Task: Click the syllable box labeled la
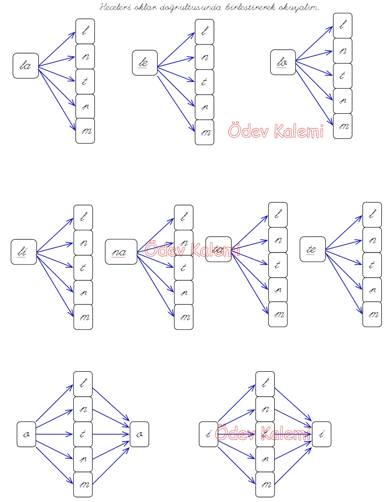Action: coord(26,66)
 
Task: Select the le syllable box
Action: coord(145,63)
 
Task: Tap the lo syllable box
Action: coord(283,62)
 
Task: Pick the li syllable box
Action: coord(24,252)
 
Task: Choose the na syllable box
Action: coord(121,252)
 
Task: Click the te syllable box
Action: coord(312,249)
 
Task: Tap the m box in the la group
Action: coord(85,131)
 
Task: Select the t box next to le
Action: coord(204,82)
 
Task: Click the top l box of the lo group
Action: coord(343,25)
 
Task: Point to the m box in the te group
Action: coord(372,314)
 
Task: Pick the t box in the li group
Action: coord(83,268)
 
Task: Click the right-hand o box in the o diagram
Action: coord(139,434)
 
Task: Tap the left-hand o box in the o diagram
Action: coord(26,434)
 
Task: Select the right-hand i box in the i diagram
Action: coord(322,434)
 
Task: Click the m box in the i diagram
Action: coord(265,484)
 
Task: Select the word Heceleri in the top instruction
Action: coord(115,7)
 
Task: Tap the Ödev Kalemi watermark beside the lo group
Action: coord(276,131)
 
